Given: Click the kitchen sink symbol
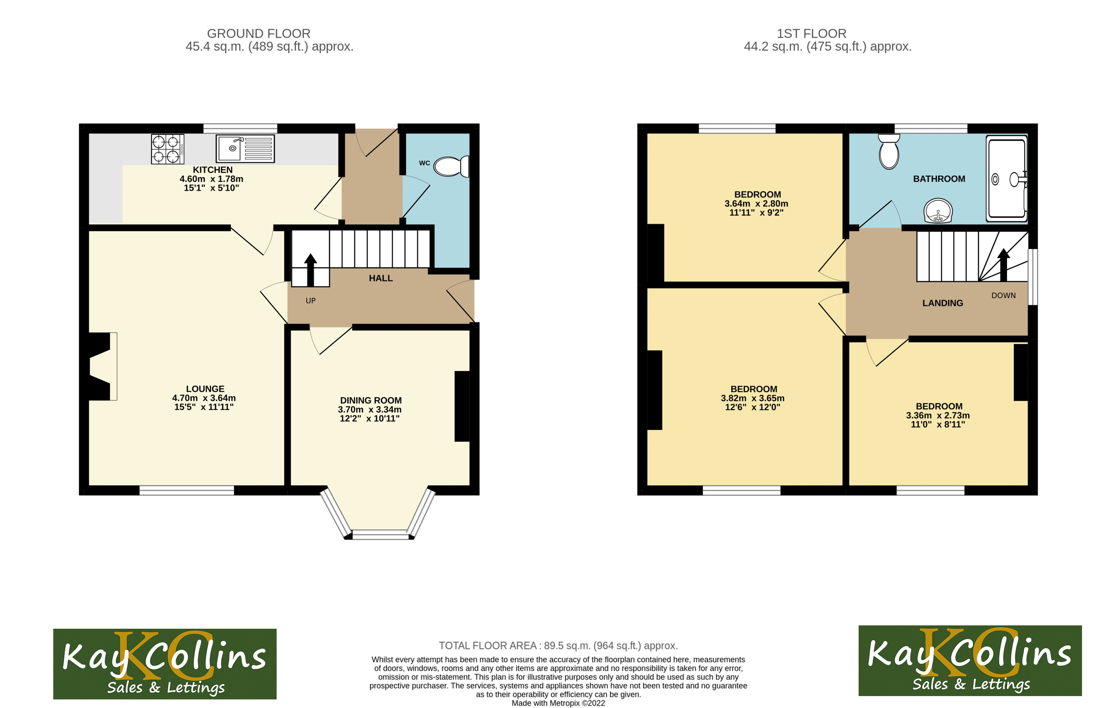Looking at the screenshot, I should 245,149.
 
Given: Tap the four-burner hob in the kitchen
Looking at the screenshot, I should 167,149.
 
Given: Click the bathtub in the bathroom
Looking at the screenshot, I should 1006,179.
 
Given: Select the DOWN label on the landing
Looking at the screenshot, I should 1003,295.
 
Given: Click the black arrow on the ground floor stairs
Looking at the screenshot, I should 310,270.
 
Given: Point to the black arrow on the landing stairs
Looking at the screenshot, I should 1003,265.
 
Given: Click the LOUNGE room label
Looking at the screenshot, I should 205,389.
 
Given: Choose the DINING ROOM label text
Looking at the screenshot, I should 370,400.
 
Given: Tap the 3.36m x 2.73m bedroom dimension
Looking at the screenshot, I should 938,415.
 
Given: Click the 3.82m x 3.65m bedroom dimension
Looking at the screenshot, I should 752,398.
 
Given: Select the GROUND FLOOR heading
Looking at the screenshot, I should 258,34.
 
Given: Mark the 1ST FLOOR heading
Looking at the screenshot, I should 811,34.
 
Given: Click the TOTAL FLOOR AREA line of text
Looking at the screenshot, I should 558,645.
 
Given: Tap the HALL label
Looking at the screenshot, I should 381,278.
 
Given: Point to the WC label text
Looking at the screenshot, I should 424,163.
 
